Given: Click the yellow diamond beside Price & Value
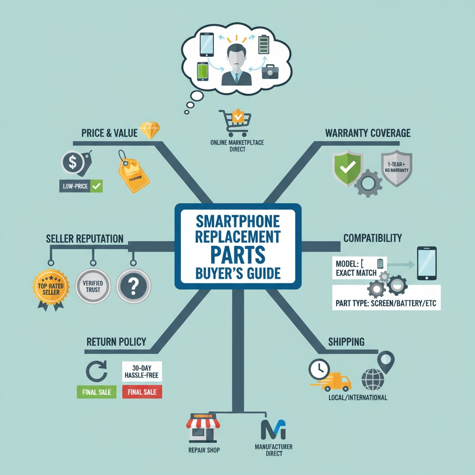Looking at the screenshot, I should pos(150,131).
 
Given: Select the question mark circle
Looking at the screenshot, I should pos(133,287).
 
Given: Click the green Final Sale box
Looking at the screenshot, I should pos(96,392).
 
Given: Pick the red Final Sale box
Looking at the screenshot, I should pos(142,392).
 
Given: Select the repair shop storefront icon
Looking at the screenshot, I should pos(203,430).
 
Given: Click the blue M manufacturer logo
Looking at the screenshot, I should pos(273,430).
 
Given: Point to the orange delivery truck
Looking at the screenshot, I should pos(337,381).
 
